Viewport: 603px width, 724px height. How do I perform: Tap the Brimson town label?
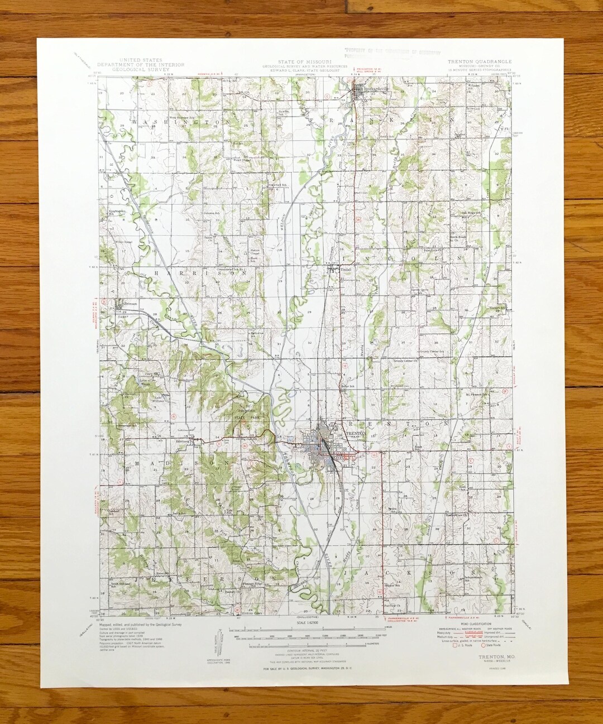(x=126, y=304)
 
